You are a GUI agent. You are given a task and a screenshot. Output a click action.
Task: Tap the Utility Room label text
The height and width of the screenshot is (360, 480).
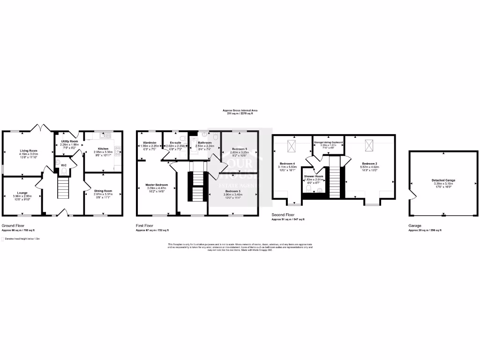(69, 141)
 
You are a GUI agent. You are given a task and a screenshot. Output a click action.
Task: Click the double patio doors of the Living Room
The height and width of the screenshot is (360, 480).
(39, 127)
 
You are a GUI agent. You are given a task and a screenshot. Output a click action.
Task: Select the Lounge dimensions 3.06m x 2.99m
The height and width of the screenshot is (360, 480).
(20, 196)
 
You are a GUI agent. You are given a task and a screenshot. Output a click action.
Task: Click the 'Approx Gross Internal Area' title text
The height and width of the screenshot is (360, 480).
(240, 111)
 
